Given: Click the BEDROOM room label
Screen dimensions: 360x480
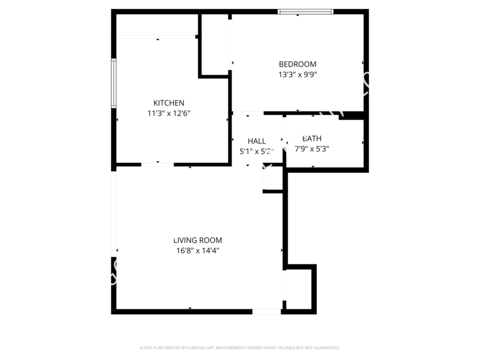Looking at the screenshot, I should [x=297, y=65].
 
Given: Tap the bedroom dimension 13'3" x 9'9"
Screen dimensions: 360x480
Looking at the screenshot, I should [x=297, y=75].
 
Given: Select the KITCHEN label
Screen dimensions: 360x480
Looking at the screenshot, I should [x=169, y=103].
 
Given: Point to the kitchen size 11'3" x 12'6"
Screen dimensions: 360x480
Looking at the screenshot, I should [x=169, y=113].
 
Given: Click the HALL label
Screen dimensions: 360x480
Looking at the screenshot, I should [x=257, y=141].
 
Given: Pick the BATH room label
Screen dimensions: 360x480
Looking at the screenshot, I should [x=312, y=139].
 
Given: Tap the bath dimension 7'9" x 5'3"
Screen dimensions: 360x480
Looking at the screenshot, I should [x=312, y=149].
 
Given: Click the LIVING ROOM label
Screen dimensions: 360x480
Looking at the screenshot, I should [x=197, y=241].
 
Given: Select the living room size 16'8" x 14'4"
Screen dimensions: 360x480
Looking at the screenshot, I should [x=197, y=251].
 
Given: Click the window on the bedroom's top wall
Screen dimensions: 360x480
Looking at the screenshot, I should [x=306, y=12].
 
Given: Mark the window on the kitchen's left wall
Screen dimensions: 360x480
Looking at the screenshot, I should [x=114, y=83].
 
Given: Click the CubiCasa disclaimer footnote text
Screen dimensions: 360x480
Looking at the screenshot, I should [x=239, y=348].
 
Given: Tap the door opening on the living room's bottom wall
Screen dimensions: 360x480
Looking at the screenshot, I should [x=267, y=311].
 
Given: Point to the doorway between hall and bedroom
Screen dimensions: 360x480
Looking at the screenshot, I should [x=248, y=113].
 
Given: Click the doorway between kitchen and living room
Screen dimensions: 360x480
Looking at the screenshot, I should [x=157, y=165].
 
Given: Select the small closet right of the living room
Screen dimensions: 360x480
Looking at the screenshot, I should [x=299, y=288].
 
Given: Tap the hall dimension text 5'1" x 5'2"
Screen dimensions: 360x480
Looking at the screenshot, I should [x=257, y=151].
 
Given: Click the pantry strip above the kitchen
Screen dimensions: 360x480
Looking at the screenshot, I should [x=157, y=25].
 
